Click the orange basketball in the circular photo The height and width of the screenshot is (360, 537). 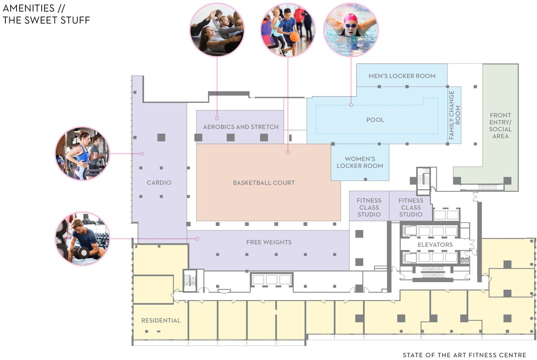pos(294,37)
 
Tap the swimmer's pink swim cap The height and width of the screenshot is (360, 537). pos(350,18)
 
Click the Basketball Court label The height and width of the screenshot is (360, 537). pos(264,183)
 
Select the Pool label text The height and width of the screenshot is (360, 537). pos(375,120)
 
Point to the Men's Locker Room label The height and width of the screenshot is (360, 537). pos(402,76)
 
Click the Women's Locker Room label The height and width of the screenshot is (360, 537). pos(360,162)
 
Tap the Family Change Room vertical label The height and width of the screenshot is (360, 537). pos(455,115)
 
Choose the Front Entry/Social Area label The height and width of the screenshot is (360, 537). pos(500,126)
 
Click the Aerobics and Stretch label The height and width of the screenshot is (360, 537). pos(241,127)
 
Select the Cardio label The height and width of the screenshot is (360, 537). pos(159,182)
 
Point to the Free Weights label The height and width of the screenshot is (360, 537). pos(269,242)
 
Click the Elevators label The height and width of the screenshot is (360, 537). pos(435,245)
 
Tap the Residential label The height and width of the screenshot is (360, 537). pos(161,321)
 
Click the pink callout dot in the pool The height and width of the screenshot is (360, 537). pos(351,105)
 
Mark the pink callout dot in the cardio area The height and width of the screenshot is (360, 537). pos(142,153)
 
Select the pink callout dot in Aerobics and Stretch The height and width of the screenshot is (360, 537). pos(217,118)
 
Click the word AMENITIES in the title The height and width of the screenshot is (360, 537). pos(29,8)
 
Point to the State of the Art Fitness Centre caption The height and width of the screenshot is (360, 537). pos(465,355)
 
